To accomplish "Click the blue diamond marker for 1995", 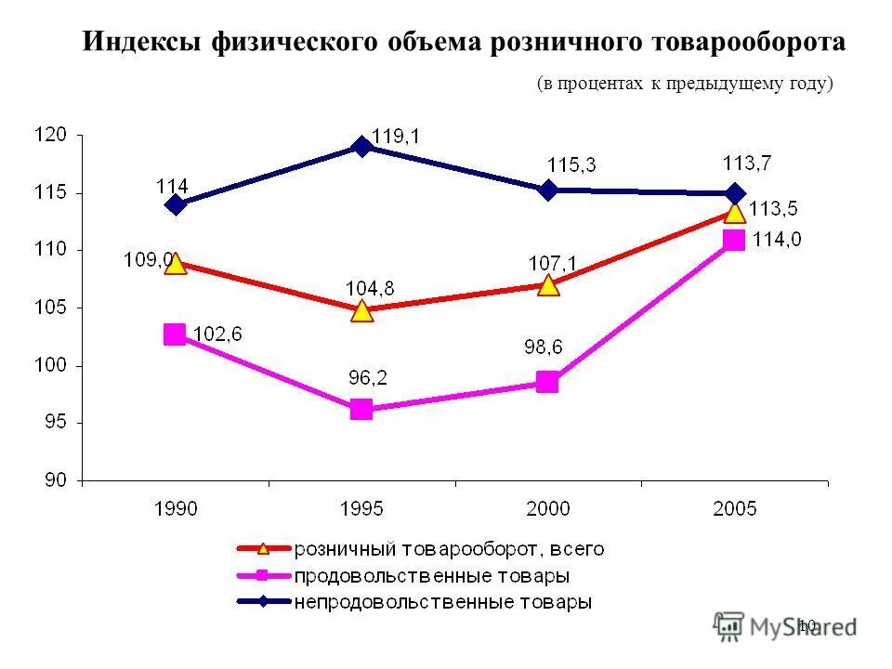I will pyautogui.click(x=361, y=146).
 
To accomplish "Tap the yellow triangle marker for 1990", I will pyautogui.click(x=175, y=264).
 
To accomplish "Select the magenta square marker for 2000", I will pyautogui.click(x=547, y=382).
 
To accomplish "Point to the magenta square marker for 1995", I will pyautogui.click(x=361, y=409).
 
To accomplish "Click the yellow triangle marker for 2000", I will pyautogui.click(x=548, y=284).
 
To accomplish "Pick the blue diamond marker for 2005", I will pyautogui.click(x=735, y=194).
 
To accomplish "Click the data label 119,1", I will pyautogui.click(x=395, y=136).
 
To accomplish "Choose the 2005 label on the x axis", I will pyautogui.click(x=735, y=507).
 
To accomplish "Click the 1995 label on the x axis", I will pyautogui.click(x=361, y=507).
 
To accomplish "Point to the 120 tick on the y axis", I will pyautogui.click(x=51, y=135).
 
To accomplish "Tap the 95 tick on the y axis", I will pyautogui.click(x=55, y=423).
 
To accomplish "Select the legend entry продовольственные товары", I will pyautogui.click(x=432, y=575).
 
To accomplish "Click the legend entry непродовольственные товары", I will pyautogui.click(x=443, y=601).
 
